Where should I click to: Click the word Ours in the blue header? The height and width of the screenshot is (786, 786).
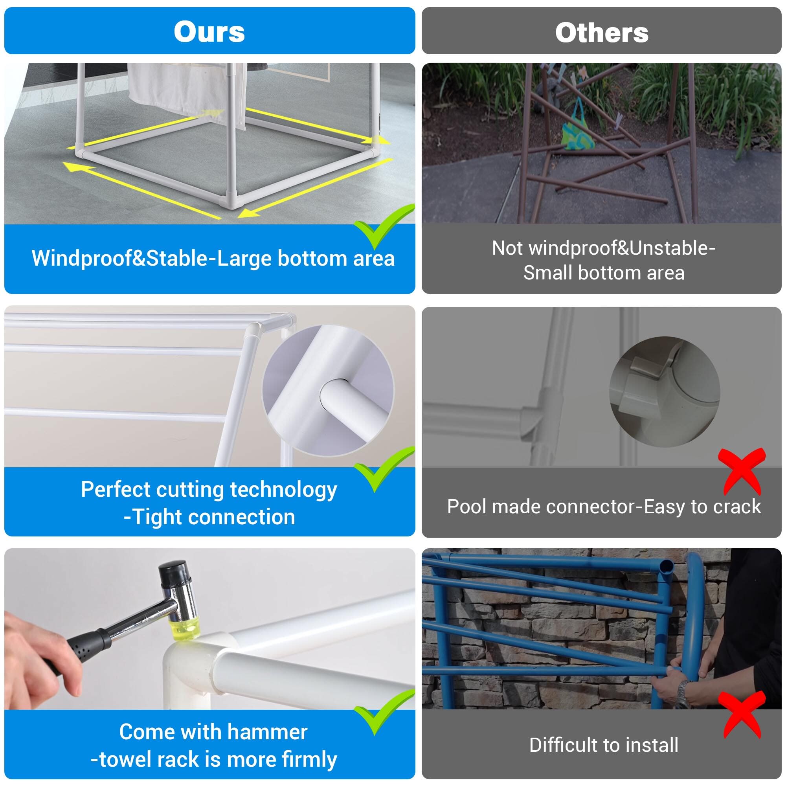[x=209, y=31]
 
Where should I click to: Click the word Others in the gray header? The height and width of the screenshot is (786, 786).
[x=602, y=32]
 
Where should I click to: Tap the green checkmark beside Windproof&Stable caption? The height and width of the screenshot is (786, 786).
[x=384, y=226]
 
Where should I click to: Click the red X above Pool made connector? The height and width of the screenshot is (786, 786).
[x=742, y=471]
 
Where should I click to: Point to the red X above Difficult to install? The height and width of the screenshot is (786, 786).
[x=742, y=714]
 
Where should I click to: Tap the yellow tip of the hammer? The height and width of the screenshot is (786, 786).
[x=184, y=629]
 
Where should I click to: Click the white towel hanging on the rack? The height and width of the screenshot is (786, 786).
[x=187, y=92]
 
